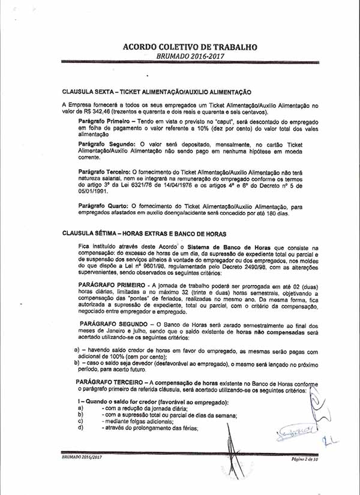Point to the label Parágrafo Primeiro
tap(104, 121)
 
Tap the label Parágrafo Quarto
tap(101, 206)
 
